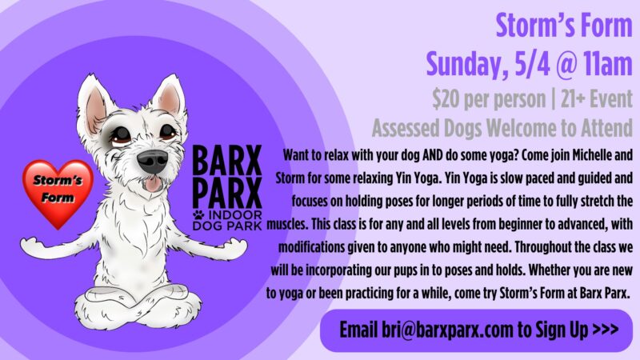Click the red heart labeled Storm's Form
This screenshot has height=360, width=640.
point(58,192)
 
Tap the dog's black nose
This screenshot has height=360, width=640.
point(152,161)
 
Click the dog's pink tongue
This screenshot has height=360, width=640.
point(153,184)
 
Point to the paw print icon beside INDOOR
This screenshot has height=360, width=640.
point(198,214)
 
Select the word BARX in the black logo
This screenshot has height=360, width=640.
point(227,161)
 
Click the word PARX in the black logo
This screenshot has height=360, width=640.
point(227,192)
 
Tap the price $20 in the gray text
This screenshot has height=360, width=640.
point(446,99)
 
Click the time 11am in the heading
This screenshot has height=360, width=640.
point(608,64)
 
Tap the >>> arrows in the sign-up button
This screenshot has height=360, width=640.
point(605,329)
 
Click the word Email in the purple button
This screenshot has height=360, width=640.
point(358,330)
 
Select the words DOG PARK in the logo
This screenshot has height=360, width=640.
point(227,226)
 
